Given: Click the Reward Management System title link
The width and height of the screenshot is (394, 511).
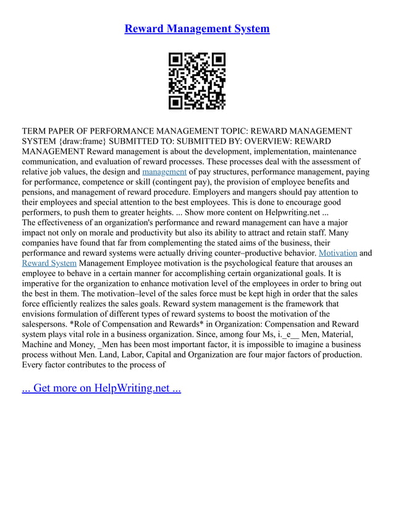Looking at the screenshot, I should click(197, 28).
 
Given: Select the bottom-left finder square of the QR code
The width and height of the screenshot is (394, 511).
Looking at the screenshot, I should click(175, 103).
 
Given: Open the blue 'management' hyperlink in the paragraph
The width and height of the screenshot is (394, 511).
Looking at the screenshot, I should click(164, 171).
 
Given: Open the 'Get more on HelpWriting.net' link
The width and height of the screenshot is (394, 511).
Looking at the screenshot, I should click(101, 389).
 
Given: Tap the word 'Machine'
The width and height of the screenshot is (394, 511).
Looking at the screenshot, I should click(40, 345).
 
